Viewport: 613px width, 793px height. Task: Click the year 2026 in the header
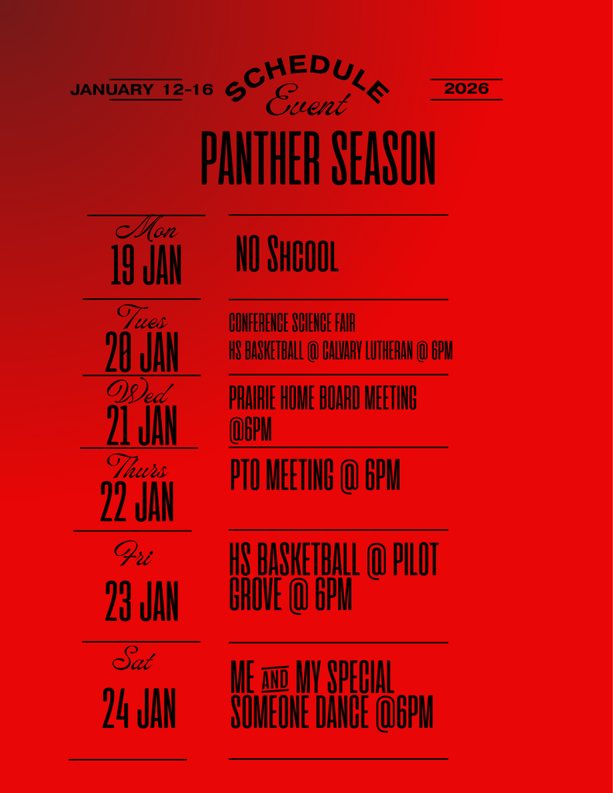tap(466, 89)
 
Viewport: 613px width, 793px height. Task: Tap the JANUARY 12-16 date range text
tap(141, 90)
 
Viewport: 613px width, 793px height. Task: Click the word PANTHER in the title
tap(261, 159)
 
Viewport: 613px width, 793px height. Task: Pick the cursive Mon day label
tap(146, 230)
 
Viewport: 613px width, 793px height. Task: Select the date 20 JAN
tap(142, 352)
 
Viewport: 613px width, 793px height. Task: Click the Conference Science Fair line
tap(291, 323)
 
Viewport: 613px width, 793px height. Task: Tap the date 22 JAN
tap(137, 502)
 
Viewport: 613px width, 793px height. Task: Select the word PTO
tap(245, 475)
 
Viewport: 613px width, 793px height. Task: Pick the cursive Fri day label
tap(133, 555)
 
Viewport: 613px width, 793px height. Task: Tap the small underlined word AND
tap(275, 680)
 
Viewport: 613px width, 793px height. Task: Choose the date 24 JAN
tap(139, 709)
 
